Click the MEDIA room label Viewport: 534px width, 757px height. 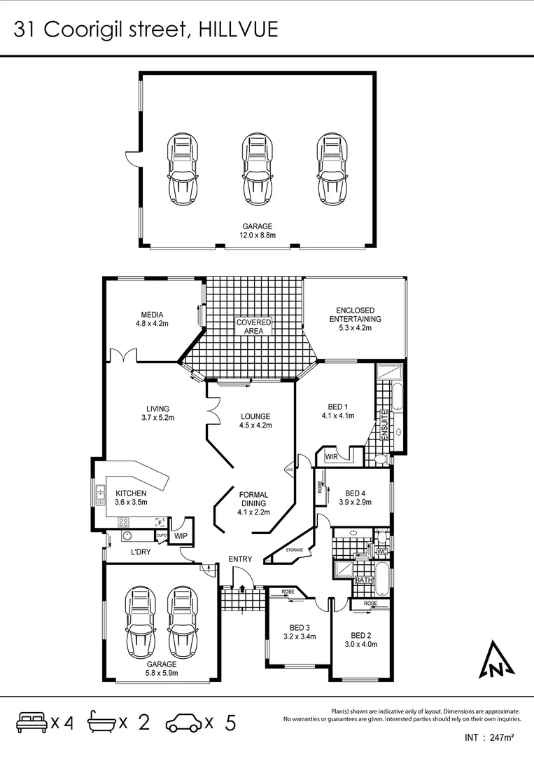pyautogui.click(x=152, y=315)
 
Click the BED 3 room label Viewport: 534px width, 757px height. pyautogui.click(x=300, y=627)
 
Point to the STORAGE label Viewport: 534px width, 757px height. pyautogui.click(x=295, y=550)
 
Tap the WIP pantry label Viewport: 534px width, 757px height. pyautogui.click(x=181, y=536)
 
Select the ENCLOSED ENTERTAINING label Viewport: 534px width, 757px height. pyautogui.click(x=356, y=315)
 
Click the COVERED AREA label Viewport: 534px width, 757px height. pyautogui.click(x=253, y=326)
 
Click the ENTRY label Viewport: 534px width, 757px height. pyautogui.click(x=240, y=559)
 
